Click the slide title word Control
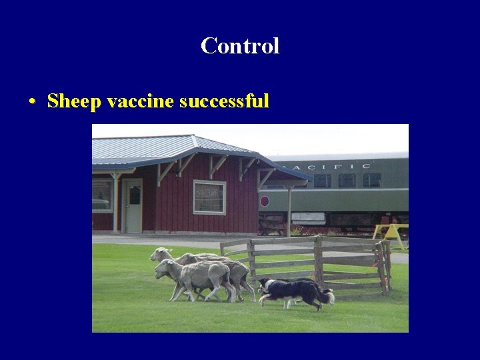[240, 46]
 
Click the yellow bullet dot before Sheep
[32, 103]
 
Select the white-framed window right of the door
[209, 197]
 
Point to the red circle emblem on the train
[264, 201]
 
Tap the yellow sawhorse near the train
[390, 233]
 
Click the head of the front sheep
[162, 269]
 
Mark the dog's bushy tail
[326, 296]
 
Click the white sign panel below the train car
[308, 217]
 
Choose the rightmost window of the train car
[372, 180]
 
